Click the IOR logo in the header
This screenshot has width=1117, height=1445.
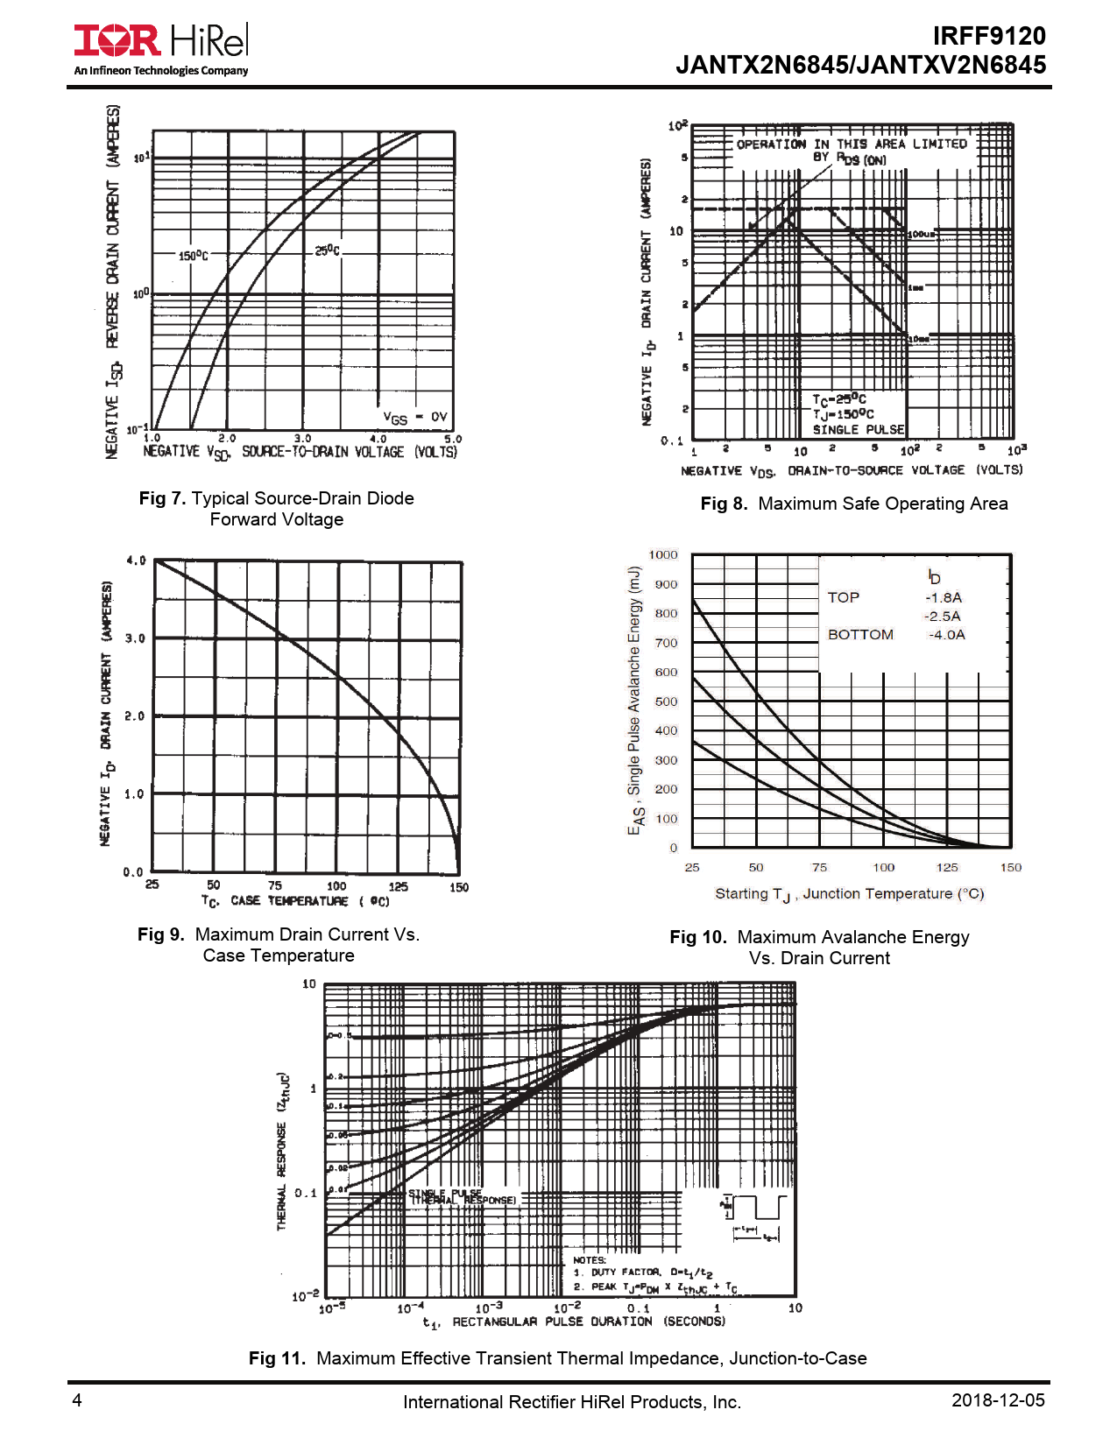[117, 40]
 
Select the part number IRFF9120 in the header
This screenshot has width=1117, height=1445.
[988, 36]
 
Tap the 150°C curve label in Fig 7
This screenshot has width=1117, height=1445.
[194, 256]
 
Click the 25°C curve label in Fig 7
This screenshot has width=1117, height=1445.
[328, 250]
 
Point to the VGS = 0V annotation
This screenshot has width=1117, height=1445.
[415, 418]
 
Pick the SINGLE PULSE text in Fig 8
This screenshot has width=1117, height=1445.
[858, 429]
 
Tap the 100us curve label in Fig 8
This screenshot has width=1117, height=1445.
[922, 235]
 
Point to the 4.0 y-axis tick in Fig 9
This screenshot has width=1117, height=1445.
[136, 560]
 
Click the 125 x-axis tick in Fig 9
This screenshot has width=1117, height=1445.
[398, 886]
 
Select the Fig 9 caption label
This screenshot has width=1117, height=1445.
[161, 934]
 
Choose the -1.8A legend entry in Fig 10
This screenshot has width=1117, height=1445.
[943, 597]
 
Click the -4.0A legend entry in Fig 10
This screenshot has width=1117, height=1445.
[946, 635]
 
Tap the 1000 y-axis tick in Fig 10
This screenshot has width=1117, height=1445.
[663, 554]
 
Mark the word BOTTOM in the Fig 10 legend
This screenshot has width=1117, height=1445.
[860, 635]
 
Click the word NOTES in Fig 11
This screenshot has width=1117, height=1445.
[590, 1260]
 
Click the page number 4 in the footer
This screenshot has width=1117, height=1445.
[77, 1400]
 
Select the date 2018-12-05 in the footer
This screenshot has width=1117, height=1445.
[998, 1400]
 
